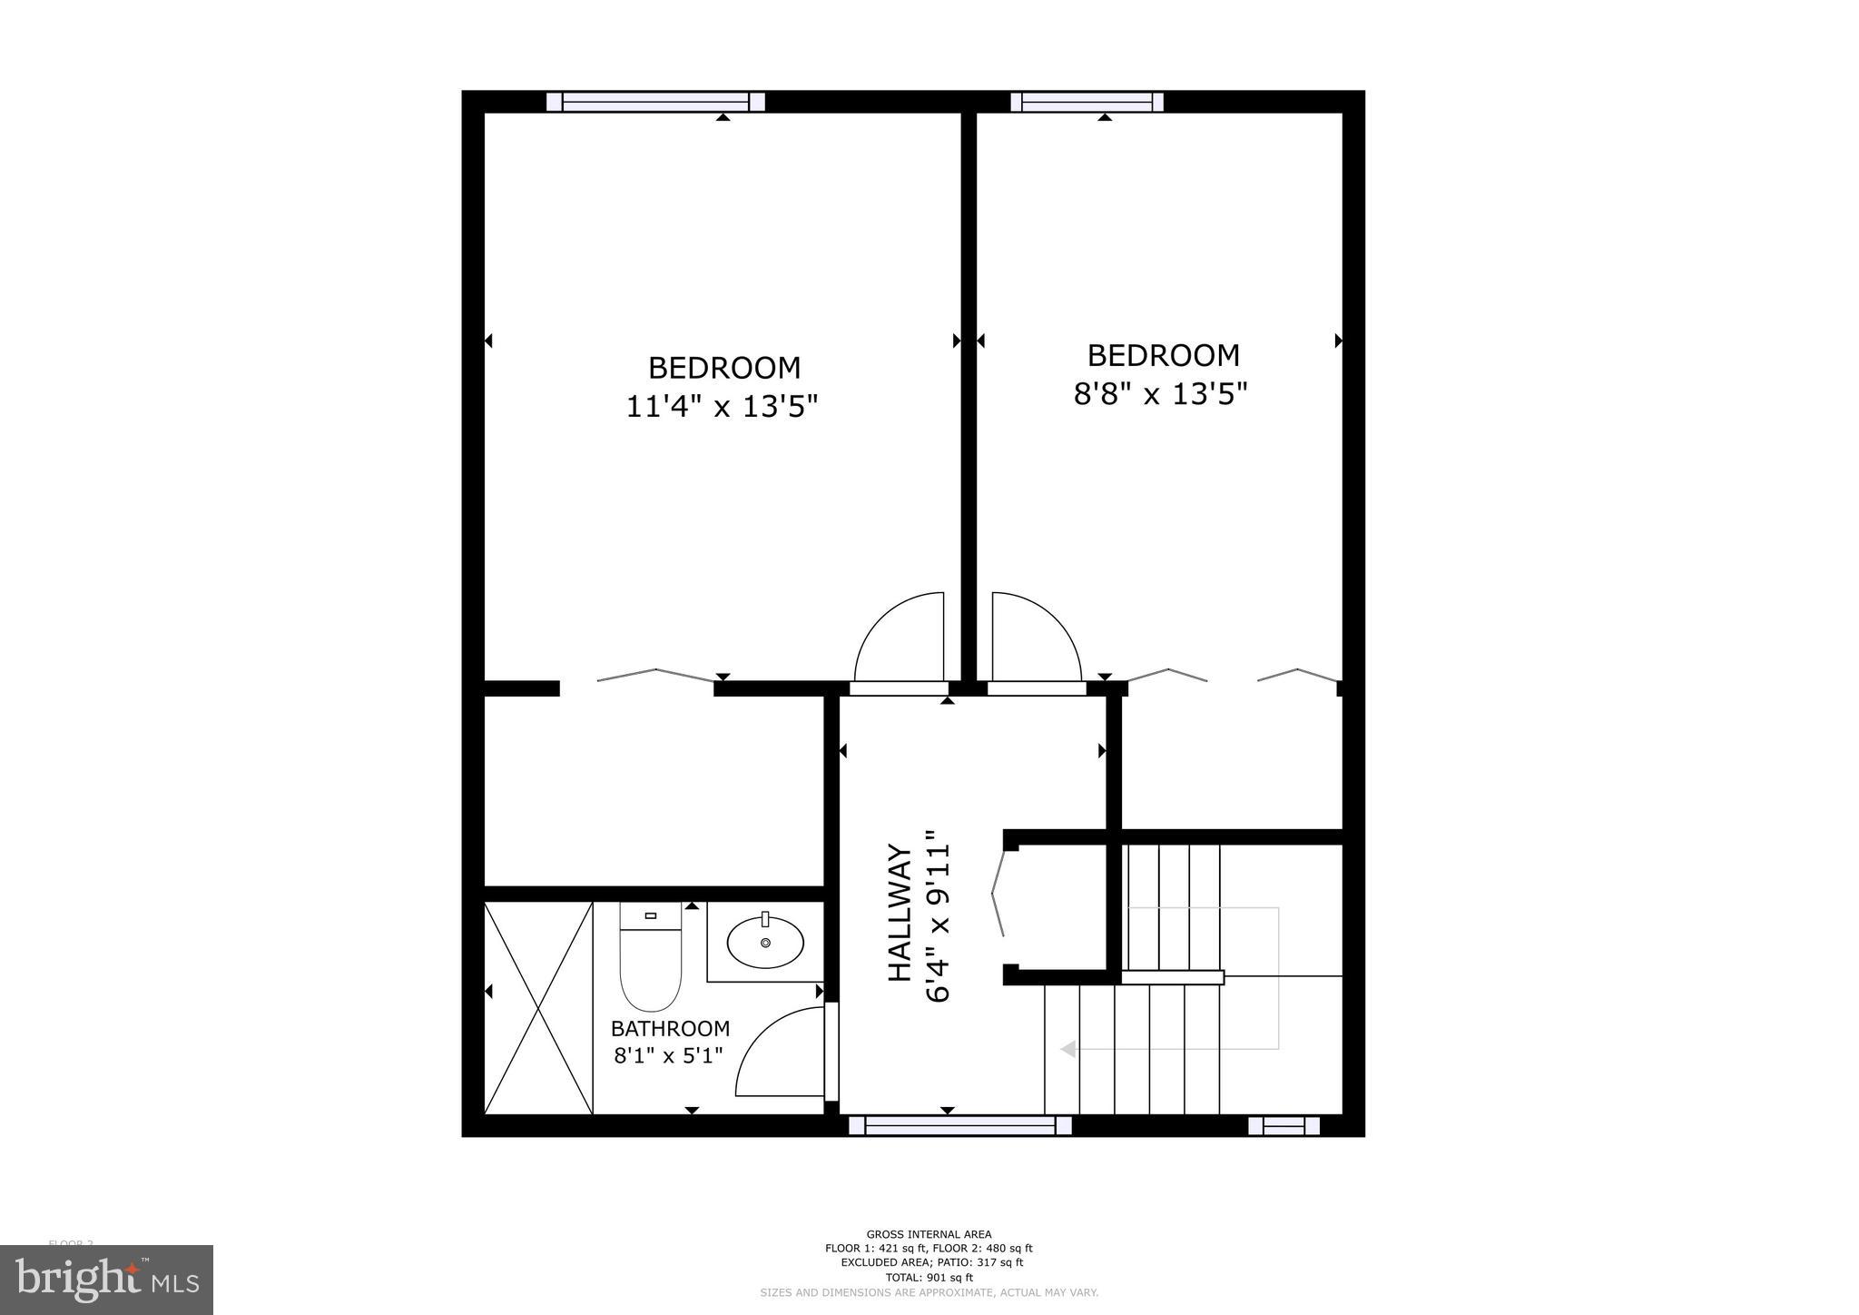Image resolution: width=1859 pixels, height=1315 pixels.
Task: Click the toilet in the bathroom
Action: pyautogui.click(x=650, y=963)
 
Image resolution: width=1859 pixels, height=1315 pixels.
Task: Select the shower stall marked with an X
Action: pyautogui.click(x=538, y=1007)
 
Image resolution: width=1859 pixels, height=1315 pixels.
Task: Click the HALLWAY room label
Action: pyautogui.click(x=899, y=913)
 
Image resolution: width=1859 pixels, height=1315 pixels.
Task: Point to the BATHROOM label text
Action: pyautogui.click(x=670, y=1029)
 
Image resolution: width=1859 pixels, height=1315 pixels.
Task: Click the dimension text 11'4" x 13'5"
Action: pyautogui.click(x=723, y=407)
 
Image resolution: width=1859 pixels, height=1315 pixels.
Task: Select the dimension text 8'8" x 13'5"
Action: pyautogui.click(x=1161, y=394)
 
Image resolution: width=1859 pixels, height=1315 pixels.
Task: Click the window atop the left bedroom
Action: pyautogui.click(x=655, y=102)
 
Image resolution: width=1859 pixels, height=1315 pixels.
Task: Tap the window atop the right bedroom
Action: pyautogui.click(x=1087, y=102)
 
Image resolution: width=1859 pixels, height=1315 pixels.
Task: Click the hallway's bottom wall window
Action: pyautogui.click(x=960, y=1126)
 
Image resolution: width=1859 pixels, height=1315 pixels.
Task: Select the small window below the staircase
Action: pyautogui.click(x=1284, y=1126)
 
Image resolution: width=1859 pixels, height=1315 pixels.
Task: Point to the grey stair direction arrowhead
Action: pyautogui.click(x=1068, y=1049)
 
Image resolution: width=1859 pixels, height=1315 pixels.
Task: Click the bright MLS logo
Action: pyautogui.click(x=107, y=1280)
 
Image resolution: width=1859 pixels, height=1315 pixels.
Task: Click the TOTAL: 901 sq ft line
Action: pyautogui.click(x=929, y=1277)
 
